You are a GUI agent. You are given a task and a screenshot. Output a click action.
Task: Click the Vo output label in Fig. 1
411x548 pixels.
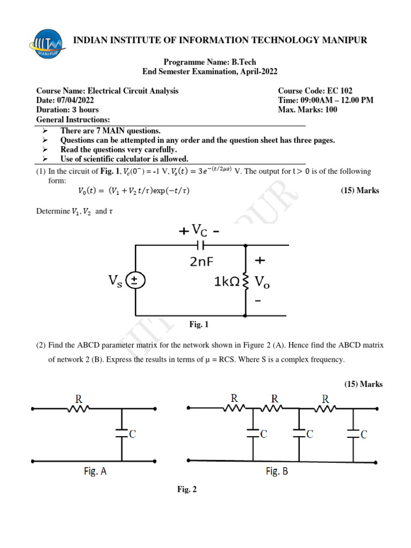[262, 282]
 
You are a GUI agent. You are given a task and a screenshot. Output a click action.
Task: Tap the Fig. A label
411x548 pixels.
[98, 472]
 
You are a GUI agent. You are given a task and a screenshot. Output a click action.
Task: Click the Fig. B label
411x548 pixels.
[278, 471]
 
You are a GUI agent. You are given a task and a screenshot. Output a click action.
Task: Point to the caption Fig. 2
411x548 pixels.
[187, 489]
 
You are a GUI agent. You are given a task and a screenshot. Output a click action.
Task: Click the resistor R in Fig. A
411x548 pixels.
[79, 408]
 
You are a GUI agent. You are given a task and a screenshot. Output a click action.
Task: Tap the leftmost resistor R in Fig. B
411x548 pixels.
[234, 407]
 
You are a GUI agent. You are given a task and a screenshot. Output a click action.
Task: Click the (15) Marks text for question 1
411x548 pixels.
[360, 191]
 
